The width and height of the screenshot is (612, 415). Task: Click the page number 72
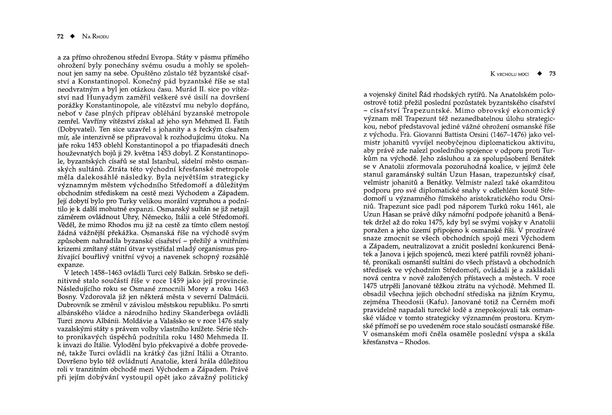coord(60,37)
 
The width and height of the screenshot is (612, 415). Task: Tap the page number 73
coord(552,74)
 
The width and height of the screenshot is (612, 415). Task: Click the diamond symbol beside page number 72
coord(73,37)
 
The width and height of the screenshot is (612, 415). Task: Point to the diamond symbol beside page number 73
coord(539,74)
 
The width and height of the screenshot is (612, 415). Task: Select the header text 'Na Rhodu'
coord(95,37)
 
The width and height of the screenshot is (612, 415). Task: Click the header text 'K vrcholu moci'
coord(509,74)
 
